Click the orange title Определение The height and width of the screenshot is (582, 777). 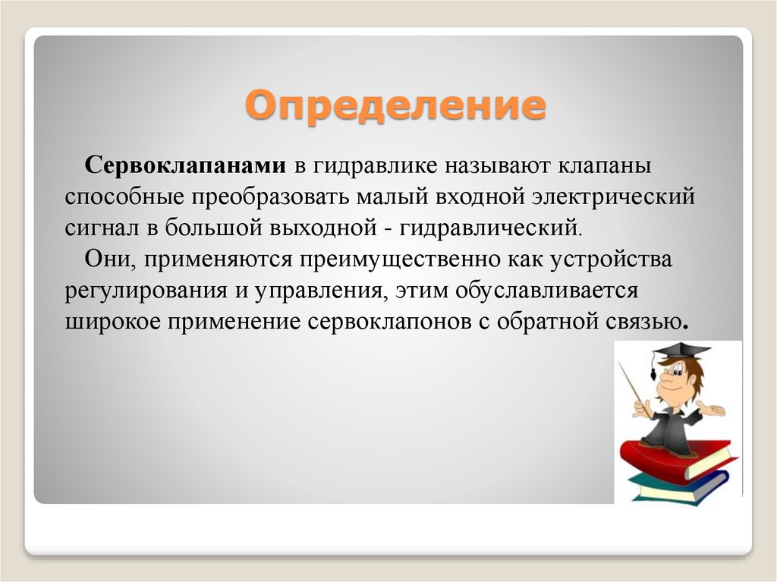click(x=395, y=105)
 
